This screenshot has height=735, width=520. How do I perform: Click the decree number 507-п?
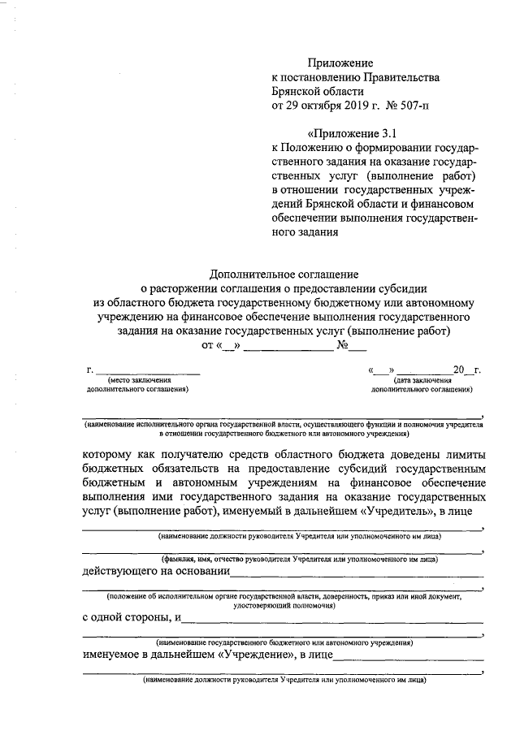click(418, 106)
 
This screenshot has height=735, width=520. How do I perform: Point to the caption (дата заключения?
click(422, 379)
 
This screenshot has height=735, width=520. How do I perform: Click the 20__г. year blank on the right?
click(466, 370)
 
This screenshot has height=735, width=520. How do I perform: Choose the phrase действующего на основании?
click(154, 571)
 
